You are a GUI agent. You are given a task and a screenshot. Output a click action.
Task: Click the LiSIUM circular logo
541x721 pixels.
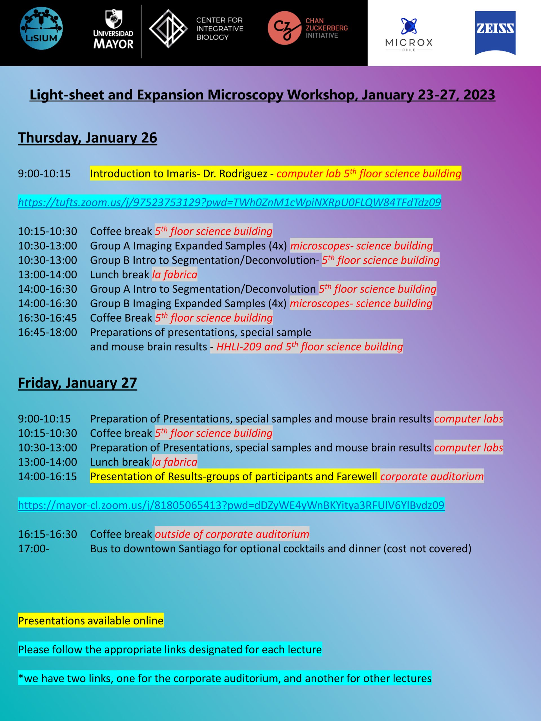point(41,28)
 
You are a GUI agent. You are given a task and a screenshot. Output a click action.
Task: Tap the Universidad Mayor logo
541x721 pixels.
point(113,30)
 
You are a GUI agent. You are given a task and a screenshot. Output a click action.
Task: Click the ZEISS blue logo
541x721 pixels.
point(495,33)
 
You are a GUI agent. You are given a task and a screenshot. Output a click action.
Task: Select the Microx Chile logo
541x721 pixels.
point(409,35)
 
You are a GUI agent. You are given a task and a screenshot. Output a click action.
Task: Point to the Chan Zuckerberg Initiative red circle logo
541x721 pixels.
point(284,28)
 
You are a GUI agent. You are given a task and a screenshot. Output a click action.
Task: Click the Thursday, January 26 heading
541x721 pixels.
point(87,137)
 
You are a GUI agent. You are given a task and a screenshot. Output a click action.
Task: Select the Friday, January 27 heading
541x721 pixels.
point(77,383)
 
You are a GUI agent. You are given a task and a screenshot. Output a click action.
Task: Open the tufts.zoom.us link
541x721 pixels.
point(229,202)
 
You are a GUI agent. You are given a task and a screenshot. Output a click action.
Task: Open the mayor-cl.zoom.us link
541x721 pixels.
point(231,505)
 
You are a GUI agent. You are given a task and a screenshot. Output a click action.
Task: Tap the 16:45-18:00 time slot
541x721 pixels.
point(48,332)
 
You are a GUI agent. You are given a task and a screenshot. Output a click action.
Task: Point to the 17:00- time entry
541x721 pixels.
point(34,549)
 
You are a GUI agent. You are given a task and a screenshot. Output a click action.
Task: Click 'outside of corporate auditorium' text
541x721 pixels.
point(232,534)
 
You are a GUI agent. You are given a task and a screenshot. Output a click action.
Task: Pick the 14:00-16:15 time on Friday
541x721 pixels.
point(48,477)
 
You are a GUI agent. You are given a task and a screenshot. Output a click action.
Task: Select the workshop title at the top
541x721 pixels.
point(262,95)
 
